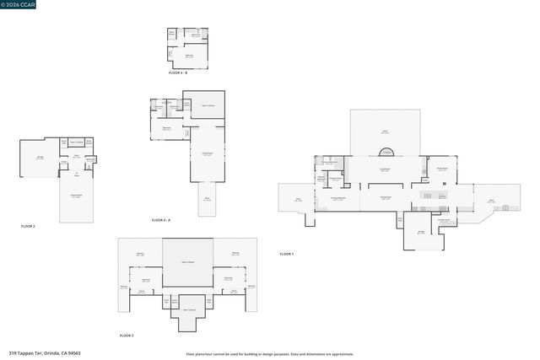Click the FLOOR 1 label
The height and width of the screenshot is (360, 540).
point(286,254)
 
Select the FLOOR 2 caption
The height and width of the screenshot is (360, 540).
point(28,226)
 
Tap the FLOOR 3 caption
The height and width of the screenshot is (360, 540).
point(126,336)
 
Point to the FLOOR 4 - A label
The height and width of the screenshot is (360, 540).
point(160,220)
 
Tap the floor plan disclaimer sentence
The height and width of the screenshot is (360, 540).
point(269,354)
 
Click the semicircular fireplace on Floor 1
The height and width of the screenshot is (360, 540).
point(387,153)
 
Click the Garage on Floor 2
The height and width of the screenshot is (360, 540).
point(39,158)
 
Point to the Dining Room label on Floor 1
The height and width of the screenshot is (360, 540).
point(384,196)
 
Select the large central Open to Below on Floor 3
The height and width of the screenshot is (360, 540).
point(187,262)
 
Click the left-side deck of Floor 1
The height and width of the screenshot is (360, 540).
point(297,201)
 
